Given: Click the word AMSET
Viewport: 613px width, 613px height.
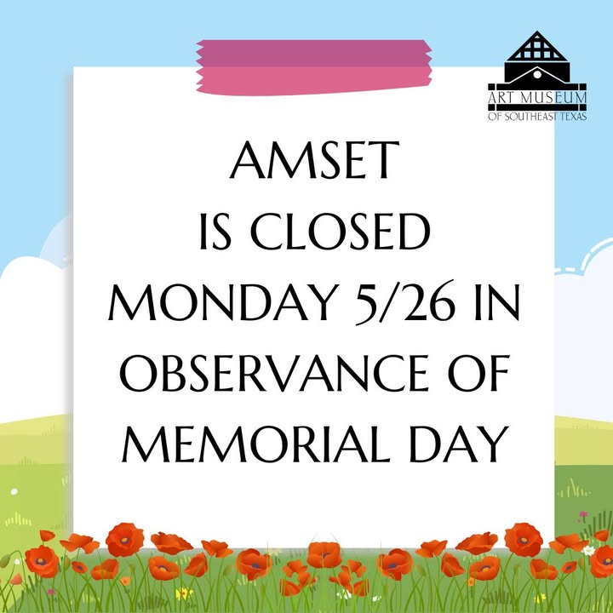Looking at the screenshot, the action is coord(314,159).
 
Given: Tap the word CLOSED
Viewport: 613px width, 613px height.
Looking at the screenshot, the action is coord(340,232).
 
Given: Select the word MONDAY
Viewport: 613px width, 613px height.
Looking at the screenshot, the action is coord(224,301).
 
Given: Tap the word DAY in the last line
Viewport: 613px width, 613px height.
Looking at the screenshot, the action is coord(459,444).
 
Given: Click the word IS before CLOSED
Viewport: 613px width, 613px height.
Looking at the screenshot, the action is coord(215,232).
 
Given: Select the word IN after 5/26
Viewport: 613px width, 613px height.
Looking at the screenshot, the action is coord(496,301).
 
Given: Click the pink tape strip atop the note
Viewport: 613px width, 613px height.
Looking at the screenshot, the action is coord(314,67).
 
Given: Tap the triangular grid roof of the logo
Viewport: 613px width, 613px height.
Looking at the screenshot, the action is coord(536,46).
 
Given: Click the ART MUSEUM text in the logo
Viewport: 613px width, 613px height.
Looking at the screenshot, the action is coord(537,98).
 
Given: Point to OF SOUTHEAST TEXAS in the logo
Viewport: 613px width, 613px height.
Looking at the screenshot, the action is coord(537,117).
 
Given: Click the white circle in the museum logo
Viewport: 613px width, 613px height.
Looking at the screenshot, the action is coord(537,74).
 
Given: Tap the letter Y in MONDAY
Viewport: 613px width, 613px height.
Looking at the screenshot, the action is coord(324,301).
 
